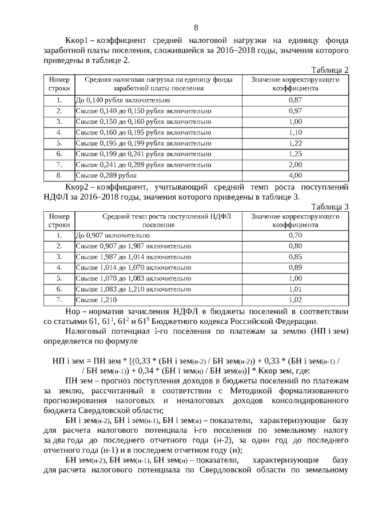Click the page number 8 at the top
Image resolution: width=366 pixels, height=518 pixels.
(x=196, y=27)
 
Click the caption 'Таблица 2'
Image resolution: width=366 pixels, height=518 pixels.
(x=329, y=70)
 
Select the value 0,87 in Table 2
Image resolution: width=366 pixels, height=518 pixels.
(x=295, y=100)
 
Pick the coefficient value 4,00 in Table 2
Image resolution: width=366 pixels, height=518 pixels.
(x=295, y=175)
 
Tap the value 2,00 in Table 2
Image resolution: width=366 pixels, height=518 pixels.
(x=295, y=165)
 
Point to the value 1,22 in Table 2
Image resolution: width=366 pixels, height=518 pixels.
(x=295, y=143)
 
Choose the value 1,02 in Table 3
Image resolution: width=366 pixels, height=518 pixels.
(x=295, y=299)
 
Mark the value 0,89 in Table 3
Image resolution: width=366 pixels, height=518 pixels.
(x=295, y=267)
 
